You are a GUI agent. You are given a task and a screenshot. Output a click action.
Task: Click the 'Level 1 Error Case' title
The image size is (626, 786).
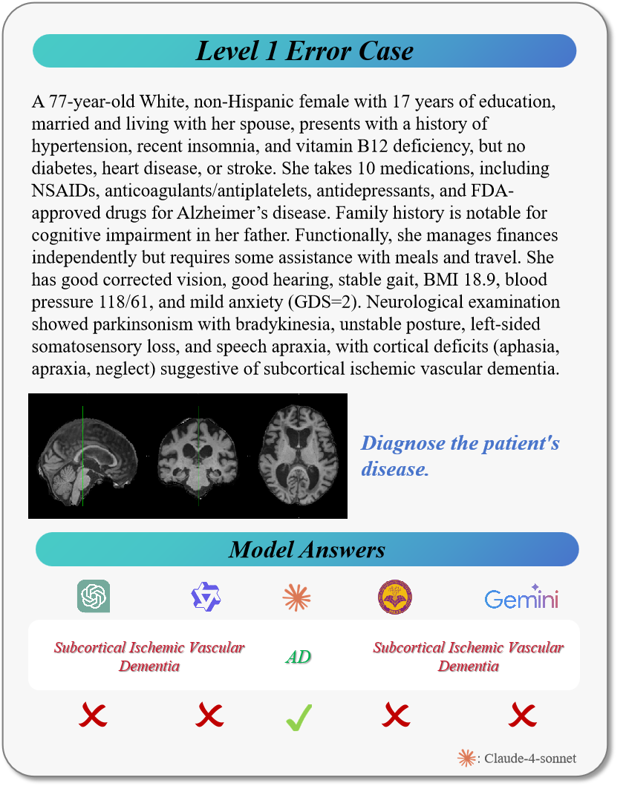(x=304, y=51)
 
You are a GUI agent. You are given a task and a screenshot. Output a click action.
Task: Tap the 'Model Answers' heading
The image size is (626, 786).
(x=307, y=549)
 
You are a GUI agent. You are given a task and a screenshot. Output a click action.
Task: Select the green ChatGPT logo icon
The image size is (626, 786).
(x=94, y=596)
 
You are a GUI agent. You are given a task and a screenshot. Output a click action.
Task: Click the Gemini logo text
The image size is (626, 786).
(x=521, y=597)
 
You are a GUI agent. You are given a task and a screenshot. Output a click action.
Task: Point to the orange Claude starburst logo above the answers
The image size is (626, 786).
(x=297, y=597)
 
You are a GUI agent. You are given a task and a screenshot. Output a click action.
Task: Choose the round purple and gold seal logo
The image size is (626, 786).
(x=395, y=597)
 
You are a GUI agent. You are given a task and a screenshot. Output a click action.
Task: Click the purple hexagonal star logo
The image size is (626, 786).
(x=206, y=597)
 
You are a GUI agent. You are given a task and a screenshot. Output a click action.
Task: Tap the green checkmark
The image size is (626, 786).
(x=299, y=717)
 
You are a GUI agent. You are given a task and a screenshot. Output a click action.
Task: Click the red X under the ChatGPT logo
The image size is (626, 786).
(x=94, y=715)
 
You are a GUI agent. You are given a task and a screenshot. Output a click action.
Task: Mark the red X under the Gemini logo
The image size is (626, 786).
(x=523, y=715)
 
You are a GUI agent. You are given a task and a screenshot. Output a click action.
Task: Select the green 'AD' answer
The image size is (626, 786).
(x=298, y=657)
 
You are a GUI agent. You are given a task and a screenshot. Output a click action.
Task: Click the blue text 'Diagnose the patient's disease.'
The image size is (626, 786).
(x=460, y=456)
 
